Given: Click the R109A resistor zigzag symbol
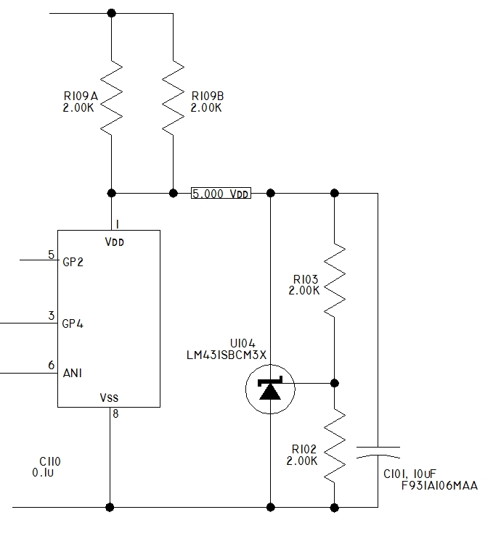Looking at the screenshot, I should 111,99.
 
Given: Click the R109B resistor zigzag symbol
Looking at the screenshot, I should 173,99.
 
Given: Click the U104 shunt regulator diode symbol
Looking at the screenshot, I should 270,390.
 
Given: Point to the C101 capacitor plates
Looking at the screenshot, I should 378,452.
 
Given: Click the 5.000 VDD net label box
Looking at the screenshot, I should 220,194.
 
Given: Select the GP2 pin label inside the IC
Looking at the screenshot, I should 73,263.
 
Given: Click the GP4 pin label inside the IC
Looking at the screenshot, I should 73,323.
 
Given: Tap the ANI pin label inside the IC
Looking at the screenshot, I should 72,373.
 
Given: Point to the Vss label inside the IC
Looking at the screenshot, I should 109,397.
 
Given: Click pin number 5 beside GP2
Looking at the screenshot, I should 51,255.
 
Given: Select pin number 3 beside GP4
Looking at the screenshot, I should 51,316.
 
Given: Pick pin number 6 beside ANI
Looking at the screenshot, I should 51,365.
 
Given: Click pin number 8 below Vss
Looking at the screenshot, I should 115,414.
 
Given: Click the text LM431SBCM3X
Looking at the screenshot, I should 227,353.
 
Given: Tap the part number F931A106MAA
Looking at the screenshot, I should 439,485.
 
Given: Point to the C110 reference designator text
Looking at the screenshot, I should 50,461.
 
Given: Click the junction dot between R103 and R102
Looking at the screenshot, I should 334,383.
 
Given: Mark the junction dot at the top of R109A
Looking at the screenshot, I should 111,13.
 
